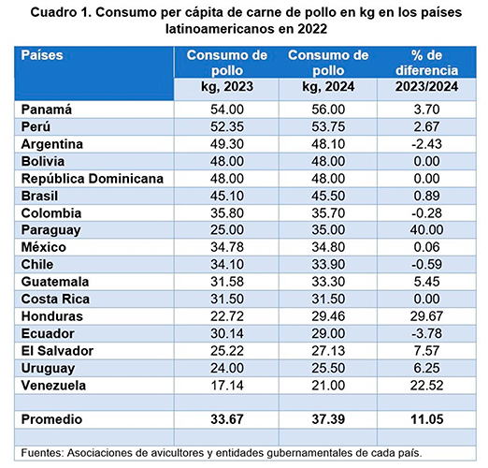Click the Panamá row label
(47, 110)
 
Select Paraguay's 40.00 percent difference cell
(426, 229)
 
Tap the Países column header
(42, 55)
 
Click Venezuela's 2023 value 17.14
(227, 386)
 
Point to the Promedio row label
(51, 419)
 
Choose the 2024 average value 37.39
(328, 419)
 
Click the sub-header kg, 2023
(227, 86)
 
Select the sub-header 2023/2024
(426, 86)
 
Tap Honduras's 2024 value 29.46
(328, 316)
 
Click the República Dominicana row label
(93, 179)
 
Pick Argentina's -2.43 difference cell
(426, 144)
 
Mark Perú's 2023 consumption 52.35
(227, 126)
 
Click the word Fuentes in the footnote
(42, 453)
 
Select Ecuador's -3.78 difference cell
(426, 333)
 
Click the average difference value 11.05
(426, 419)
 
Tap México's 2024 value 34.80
(328, 247)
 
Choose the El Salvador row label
(57, 351)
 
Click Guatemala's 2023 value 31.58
(227, 282)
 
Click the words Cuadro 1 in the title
(60, 12)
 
